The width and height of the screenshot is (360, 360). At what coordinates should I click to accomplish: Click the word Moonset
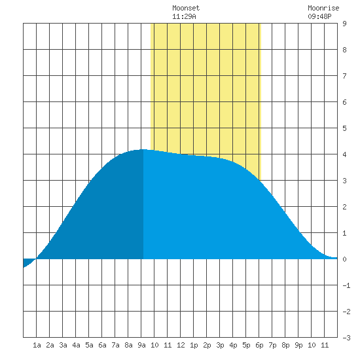coord(186,8)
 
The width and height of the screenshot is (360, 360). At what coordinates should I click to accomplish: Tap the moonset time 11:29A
coord(184,16)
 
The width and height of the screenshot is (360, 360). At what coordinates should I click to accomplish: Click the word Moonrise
coord(323,8)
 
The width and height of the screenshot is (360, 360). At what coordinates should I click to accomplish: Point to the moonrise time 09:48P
coord(319,16)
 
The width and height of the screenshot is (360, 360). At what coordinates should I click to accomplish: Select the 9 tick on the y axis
coord(344,24)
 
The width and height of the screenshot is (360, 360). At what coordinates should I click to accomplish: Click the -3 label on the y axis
coord(346,338)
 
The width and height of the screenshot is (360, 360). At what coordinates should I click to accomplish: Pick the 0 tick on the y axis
coord(344,259)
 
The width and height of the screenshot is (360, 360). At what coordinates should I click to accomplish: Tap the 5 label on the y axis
coord(344,128)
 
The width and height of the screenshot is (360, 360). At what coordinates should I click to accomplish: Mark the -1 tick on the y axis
coord(346,285)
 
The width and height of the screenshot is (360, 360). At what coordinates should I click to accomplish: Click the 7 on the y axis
coord(344,76)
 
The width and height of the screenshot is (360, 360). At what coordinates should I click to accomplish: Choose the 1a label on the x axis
coord(37,345)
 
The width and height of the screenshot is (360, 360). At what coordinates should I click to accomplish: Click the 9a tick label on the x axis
coord(141,345)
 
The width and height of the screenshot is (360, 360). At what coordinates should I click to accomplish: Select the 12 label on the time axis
coord(181,345)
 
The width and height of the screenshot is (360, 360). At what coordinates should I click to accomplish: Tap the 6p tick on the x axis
coord(259,345)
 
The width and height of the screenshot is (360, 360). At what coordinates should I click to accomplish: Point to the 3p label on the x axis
coord(220,345)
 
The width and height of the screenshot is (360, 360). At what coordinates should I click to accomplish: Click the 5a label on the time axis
coord(89,345)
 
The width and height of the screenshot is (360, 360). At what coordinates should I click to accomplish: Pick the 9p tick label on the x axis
coord(298,345)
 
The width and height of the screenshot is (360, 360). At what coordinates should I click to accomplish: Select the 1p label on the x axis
coord(194,345)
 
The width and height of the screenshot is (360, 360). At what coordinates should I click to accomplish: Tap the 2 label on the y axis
coord(344,207)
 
